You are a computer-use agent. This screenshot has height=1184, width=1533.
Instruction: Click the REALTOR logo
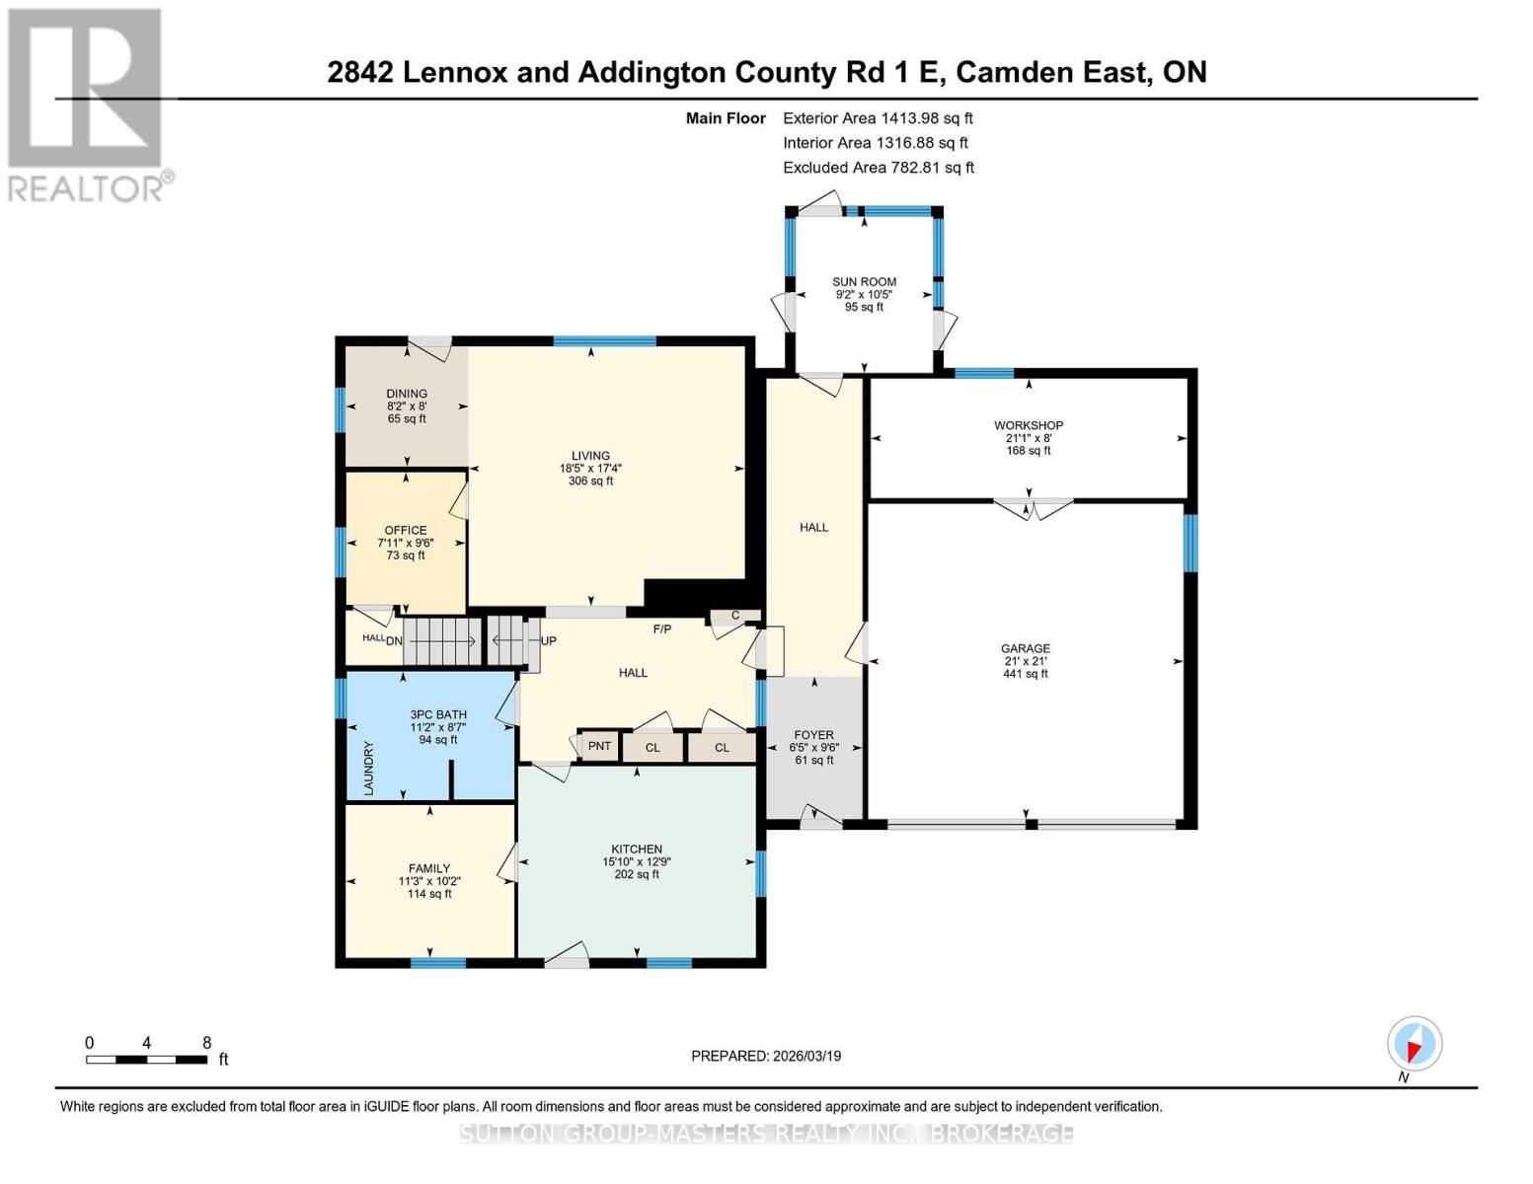pyautogui.click(x=87, y=104)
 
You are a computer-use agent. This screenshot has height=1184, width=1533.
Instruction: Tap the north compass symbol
pyautogui.click(x=1414, y=1044)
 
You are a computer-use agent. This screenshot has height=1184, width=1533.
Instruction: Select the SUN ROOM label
pyautogui.click(x=864, y=282)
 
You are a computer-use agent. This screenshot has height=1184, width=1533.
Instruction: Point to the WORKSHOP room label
pyautogui.click(x=1028, y=426)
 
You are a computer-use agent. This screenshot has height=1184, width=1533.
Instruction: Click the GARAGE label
pyautogui.click(x=1025, y=649)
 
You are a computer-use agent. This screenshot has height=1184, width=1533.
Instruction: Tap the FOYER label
pyautogui.click(x=813, y=735)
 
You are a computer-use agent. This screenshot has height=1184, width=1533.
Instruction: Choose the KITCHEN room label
pyautogui.click(x=637, y=850)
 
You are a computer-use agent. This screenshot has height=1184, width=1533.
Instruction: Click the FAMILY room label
pyautogui.click(x=429, y=869)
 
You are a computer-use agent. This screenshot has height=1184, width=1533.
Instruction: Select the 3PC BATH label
pyautogui.click(x=438, y=715)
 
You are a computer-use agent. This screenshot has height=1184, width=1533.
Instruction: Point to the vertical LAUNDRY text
pyautogui.click(x=369, y=768)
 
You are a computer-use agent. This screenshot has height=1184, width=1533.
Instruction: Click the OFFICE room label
pyautogui.click(x=406, y=531)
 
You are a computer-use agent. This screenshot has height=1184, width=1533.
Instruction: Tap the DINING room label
pyautogui.click(x=407, y=394)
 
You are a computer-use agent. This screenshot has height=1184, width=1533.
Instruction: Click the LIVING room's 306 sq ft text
pyautogui.click(x=590, y=481)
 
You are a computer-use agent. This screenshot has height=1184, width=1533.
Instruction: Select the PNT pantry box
pyautogui.click(x=599, y=746)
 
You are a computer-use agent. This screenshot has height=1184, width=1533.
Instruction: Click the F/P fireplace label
pyautogui.click(x=662, y=629)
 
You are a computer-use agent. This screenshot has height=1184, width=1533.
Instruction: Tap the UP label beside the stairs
pyautogui.click(x=549, y=641)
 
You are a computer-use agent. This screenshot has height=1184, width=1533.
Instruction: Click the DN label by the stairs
pyautogui.click(x=394, y=641)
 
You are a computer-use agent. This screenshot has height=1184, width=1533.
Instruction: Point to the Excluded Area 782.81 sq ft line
pyautogui.click(x=878, y=168)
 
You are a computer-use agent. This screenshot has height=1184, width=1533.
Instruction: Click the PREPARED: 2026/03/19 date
pyautogui.click(x=766, y=1056)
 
